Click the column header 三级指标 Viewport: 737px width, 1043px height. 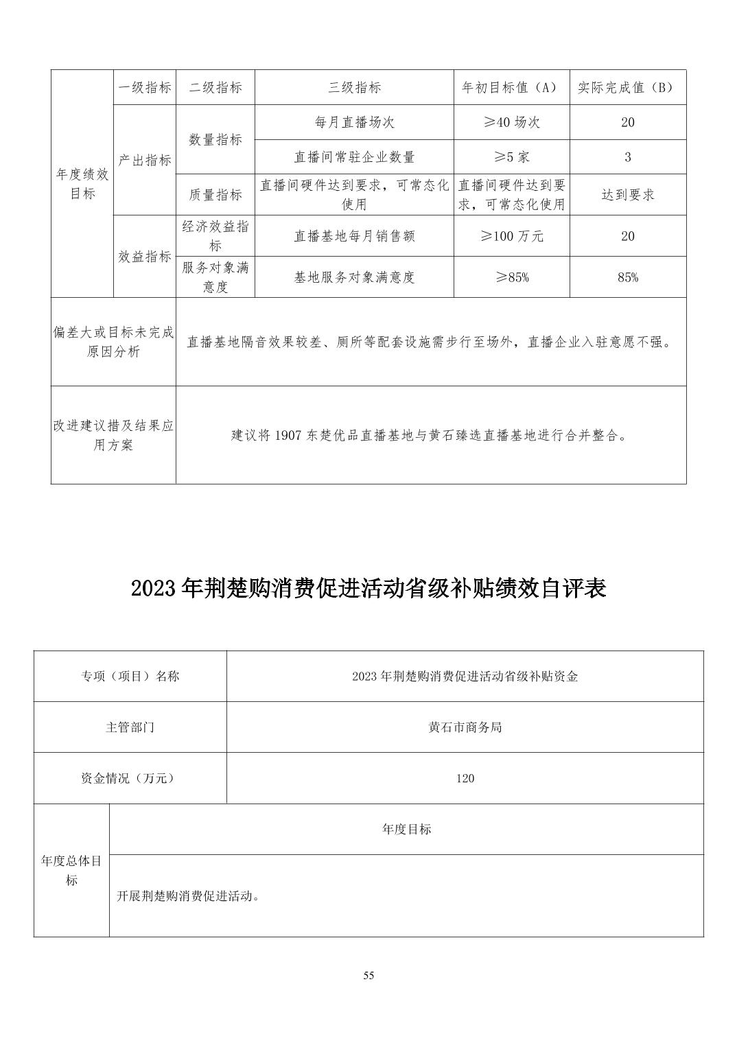point(354,87)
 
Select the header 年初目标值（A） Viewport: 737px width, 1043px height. point(511,87)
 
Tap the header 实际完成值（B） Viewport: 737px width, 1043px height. point(627,87)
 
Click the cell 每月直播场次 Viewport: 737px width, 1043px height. point(354,122)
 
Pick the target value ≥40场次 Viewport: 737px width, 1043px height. point(511,122)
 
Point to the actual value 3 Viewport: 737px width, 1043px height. point(627,157)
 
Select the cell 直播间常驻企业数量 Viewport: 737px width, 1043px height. point(354,157)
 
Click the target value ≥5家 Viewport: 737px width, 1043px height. point(511,157)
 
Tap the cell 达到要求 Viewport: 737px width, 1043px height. point(627,195)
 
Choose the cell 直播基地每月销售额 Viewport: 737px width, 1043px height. point(354,236)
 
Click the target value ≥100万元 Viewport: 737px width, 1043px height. point(511,236)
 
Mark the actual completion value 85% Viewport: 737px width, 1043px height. point(627,277)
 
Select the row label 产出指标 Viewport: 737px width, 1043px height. point(144,160)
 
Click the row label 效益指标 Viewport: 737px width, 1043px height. point(144,257)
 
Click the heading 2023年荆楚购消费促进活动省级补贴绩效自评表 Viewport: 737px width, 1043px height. point(368,589)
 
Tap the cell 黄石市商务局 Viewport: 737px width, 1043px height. point(465,727)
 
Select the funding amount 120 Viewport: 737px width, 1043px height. point(465,778)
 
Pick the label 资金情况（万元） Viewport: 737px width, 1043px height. point(130,778)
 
